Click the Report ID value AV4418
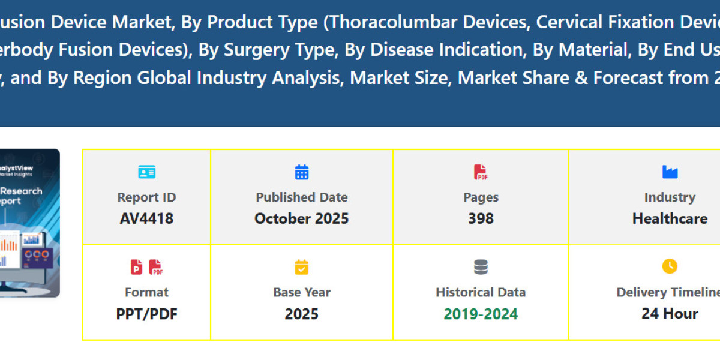click(146, 218)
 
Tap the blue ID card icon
click(146, 173)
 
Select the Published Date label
click(301, 197)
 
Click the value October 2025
click(301, 218)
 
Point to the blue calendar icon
click(302, 173)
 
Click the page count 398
click(481, 218)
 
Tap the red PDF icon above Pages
click(481, 173)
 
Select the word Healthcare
click(670, 218)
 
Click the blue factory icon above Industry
click(670, 173)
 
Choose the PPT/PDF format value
click(146, 314)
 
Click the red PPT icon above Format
click(137, 267)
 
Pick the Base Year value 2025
click(301, 314)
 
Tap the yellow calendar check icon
click(302, 267)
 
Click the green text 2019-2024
click(481, 314)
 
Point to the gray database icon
click(481, 267)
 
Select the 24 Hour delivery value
click(670, 314)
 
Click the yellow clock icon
click(670, 266)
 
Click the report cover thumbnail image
click(30, 223)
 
